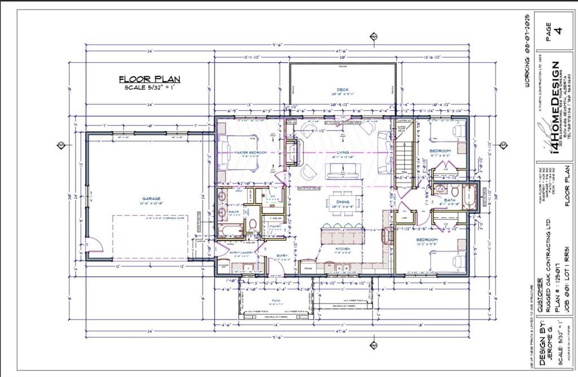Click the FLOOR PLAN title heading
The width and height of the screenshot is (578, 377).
[150, 79]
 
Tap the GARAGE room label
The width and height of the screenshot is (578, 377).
[151, 198]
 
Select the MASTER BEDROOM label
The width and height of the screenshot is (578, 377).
[238, 153]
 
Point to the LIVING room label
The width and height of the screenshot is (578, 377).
[341, 153]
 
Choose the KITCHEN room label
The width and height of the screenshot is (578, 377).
[342, 249]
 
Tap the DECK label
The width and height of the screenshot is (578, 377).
[342, 90]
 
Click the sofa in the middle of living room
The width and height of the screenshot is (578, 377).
[342, 171]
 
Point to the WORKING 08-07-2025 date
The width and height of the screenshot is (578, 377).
[527, 51]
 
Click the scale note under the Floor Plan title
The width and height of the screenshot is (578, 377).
[150, 88]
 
